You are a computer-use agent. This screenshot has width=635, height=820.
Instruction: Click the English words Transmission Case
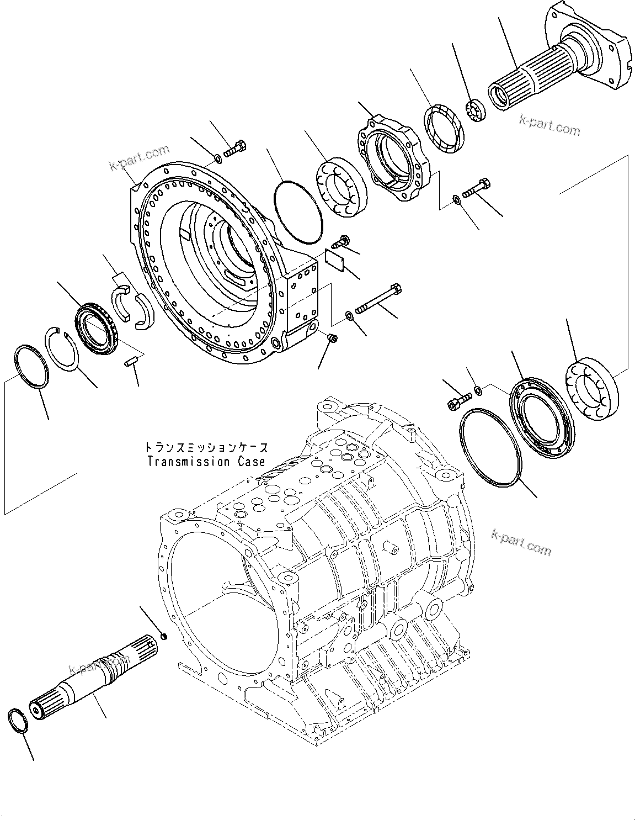[x=206, y=461]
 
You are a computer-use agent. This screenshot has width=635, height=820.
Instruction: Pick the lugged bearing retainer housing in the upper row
[x=394, y=158]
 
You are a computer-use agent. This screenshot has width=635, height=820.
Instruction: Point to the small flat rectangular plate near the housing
[x=335, y=260]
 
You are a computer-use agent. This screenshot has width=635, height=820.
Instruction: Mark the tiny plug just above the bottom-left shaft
[x=163, y=638]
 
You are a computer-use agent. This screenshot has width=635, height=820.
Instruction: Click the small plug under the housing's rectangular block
[x=332, y=338]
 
